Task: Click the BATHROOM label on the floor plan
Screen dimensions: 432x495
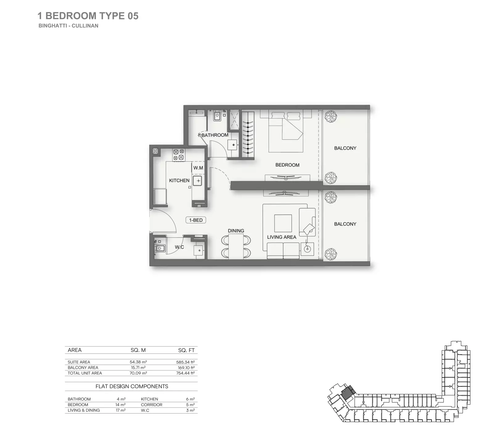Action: [x=215, y=135]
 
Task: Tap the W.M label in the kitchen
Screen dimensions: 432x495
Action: [x=198, y=168]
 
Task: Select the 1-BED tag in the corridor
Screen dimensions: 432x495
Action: [x=196, y=220]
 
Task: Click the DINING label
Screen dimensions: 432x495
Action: [x=236, y=230]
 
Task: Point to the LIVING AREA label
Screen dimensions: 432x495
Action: [x=281, y=237]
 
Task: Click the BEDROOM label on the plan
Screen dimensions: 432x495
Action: [x=287, y=165]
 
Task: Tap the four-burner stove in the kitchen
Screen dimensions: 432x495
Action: [x=178, y=155]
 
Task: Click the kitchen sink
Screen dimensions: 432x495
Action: [x=198, y=181]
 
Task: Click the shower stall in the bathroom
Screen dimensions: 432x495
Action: [x=233, y=118]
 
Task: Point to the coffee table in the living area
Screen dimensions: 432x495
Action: [x=283, y=223]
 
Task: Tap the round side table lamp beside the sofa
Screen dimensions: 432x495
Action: [x=307, y=249]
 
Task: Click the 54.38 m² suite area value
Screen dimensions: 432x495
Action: [x=138, y=362]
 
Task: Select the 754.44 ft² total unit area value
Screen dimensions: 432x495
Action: [x=186, y=373]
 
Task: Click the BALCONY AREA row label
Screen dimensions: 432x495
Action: [x=83, y=368]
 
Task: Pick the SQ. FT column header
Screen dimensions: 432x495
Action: [x=186, y=350]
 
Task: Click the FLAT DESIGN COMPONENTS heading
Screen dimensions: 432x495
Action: [x=132, y=386]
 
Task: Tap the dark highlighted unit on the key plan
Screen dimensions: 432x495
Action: [x=348, y=393]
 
